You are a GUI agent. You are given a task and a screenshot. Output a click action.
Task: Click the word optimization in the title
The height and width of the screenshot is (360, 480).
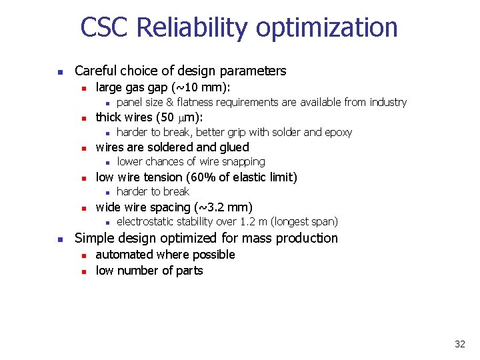point(327,28)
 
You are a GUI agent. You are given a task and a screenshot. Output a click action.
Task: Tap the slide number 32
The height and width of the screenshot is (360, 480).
point(459,344)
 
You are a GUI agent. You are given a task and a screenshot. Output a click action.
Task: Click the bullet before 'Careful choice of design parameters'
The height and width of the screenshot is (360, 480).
point(59,72)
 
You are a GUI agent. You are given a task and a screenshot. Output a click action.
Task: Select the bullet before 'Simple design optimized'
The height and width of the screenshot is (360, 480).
point(59,239)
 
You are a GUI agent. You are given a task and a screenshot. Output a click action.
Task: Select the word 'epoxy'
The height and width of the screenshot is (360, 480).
point(337,132)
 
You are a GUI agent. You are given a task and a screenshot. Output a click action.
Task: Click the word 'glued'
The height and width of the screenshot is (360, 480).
point(233,147)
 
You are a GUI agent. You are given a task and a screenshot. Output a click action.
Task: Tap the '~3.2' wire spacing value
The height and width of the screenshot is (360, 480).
point(214,207)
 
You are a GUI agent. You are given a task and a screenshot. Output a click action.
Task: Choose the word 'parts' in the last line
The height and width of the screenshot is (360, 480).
point(189,271)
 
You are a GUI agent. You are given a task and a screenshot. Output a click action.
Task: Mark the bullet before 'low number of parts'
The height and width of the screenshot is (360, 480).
point(81,271)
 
